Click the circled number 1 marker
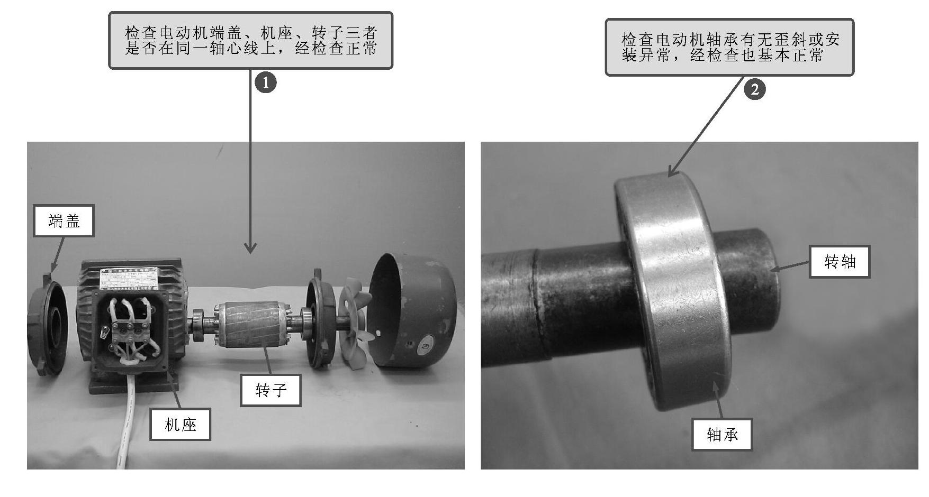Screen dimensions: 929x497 coord(266,82)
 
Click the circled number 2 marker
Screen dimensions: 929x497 coord(755,89)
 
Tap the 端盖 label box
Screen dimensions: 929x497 coord(64,220)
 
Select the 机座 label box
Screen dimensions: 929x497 coord(181,424)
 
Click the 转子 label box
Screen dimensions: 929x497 coord(270,390)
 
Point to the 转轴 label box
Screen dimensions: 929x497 coord(840,261)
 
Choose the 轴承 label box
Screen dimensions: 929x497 coord(722,434)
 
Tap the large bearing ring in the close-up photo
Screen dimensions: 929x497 coord(672,291)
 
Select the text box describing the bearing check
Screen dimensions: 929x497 coord(729,48)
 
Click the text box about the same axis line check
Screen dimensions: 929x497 coord(250,41)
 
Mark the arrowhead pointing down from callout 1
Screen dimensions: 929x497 coord(250,247)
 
